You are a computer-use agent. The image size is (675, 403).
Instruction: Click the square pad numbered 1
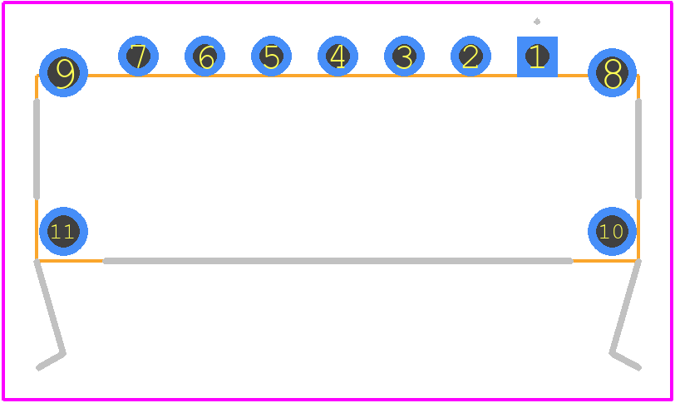tap(537, 57)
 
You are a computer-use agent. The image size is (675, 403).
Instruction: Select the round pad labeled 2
tap(471, 56)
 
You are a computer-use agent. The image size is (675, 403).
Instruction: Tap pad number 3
tap(404, 56)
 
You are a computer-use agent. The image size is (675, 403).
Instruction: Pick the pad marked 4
tap(338, 56)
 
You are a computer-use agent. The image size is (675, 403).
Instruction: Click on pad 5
tap(271, 56)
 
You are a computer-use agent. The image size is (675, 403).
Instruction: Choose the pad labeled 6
tap(204, 56)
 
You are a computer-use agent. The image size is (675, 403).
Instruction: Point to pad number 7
tap(138, 56)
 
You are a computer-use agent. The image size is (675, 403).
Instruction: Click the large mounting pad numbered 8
tap(612, 72)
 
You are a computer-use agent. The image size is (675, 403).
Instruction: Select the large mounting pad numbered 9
tap(63, 72)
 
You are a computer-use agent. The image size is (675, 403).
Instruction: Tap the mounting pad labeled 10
tap(612, 231)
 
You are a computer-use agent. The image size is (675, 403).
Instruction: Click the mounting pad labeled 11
tap(63, 231)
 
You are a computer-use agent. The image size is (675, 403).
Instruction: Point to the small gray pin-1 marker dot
tap(537, 21)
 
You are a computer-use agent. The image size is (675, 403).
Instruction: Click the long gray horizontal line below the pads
tap(338, 261)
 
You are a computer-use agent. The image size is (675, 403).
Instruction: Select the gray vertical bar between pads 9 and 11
tap(37, 150)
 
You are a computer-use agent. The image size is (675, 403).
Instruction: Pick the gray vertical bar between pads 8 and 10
tap(638, 150)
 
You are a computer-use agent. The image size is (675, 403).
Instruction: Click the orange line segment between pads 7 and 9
tap(103, 76)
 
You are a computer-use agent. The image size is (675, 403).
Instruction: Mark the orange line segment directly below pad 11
tap(70, 261)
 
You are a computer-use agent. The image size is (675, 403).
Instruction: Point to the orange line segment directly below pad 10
tap(605, 261)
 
